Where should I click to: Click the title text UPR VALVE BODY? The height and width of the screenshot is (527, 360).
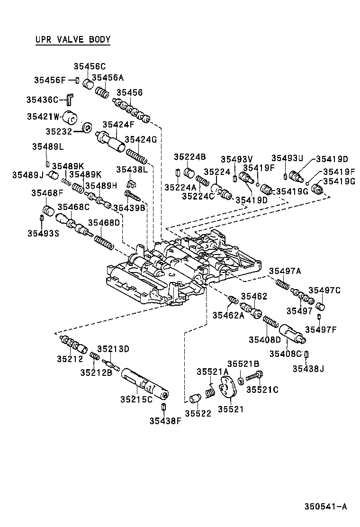[72, 39]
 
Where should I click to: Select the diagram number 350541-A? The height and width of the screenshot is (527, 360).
[325, 506]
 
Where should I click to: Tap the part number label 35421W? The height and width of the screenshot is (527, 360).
[43, 117]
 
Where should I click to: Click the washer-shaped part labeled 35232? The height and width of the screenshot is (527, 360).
[87, 128]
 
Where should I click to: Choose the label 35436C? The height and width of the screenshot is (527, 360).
[42, 100]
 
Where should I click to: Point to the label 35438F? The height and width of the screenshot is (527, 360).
[165, 420]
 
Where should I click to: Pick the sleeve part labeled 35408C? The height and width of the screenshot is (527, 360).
[291, 334]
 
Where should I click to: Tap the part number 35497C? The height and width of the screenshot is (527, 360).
[324, 290]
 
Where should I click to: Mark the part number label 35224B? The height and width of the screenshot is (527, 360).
[189, 157]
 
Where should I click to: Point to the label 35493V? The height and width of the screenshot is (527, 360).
[237, 159]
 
